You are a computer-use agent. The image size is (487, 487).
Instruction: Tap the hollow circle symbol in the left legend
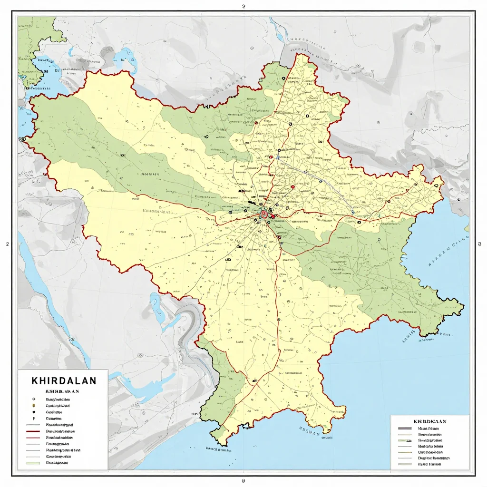[33, 399]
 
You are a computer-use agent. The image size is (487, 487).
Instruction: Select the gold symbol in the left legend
[33, 406]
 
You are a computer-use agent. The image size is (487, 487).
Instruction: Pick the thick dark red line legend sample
[33, 431]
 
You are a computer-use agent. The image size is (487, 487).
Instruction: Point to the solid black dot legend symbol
[33, 412]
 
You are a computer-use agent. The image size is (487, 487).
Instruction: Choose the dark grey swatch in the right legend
[405, 429]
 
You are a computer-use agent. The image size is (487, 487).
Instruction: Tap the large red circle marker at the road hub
[263, 215]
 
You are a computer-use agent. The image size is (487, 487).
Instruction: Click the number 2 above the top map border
[243, 7]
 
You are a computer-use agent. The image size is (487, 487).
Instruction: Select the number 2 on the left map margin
[7, 244]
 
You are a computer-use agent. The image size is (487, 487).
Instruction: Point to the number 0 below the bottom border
[243, 481]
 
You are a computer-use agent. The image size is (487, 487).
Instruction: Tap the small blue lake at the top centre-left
[127, 57]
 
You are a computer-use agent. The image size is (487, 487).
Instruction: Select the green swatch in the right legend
[405, 441]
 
